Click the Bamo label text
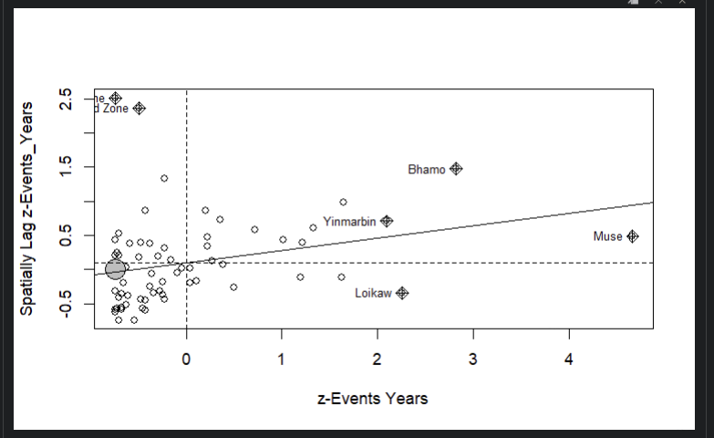pyautogui.click(x=426, y=170)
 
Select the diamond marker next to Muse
pyautogui.click(x=633, y=236)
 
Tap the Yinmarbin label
pyautogui.click(x=349, y=222)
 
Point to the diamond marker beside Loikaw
pyautogui.click(x=402, y=293)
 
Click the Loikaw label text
pyautogui.click(x=373, y=293)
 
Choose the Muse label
pyautogui.click(x=607, y=236)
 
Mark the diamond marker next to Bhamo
pyautogui.click(x=456, y=169)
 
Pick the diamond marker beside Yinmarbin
pyautogui.click(x=387, y=221)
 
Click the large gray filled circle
pyautogui.click(x=115, y=269)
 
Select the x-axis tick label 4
pyautogui.click(x=569, y=360)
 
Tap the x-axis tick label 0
pyautogui.click(x=186, y=360)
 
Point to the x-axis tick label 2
pyautogui.click(x=378, y=360)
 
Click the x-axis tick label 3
pyautogui.click(x=473, y=360)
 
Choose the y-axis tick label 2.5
pyautogui.click(x=64, y=99)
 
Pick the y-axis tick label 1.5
pyautogui.click(x=64, y=167)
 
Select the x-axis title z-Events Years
pyautogui.click(x=372, y=398)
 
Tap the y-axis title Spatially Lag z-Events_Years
pyautogui.click(x=28, y=208)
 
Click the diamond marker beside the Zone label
pyautogui.click(x=139, y=109)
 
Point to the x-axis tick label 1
pyautogui.click(x=282, y=360)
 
